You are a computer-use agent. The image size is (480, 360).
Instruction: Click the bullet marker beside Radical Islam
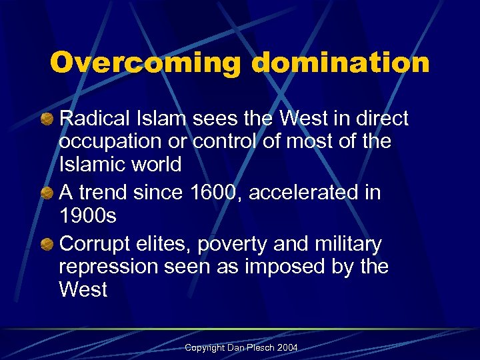coord(49,120)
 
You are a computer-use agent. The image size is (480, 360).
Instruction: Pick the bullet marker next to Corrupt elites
coord(49,245)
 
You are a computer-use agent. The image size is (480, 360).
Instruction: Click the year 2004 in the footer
coord(289,348)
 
